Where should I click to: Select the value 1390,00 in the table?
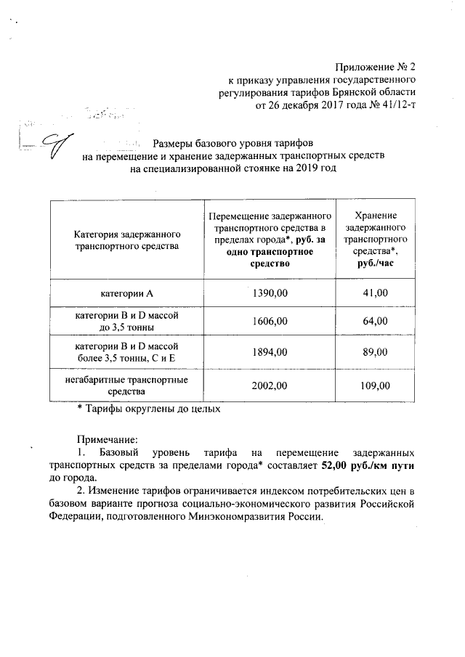(270, 293)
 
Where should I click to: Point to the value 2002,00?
(270, 385)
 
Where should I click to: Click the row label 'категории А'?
(127, 293)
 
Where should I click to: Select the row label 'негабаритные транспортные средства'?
(127, 385)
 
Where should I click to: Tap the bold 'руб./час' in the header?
(375, 264)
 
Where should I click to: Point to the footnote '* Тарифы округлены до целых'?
(148, 409)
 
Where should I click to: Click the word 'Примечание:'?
(107, 438)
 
